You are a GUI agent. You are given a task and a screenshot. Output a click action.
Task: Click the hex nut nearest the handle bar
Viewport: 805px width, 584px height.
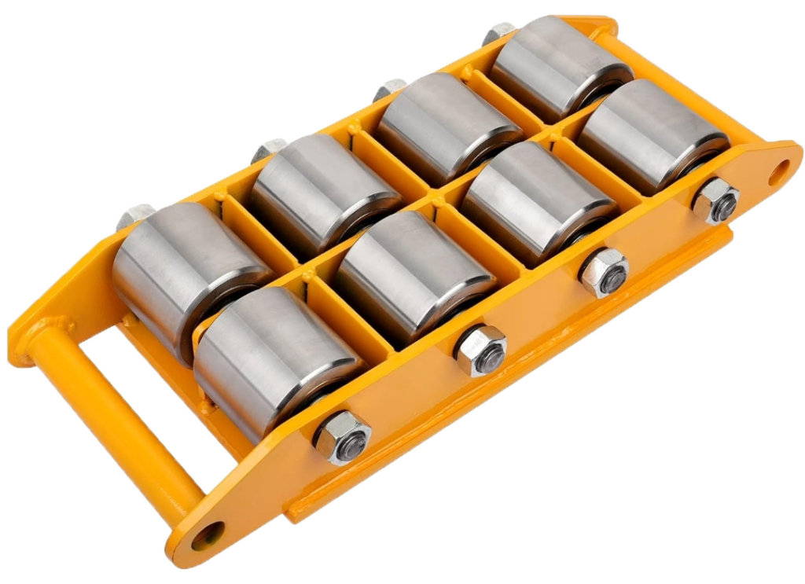tap(342, 436)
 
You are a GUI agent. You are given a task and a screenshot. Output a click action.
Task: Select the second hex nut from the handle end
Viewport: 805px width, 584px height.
tap(480, 350)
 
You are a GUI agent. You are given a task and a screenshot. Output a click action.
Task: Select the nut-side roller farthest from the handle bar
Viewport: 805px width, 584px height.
tap(652, 134)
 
